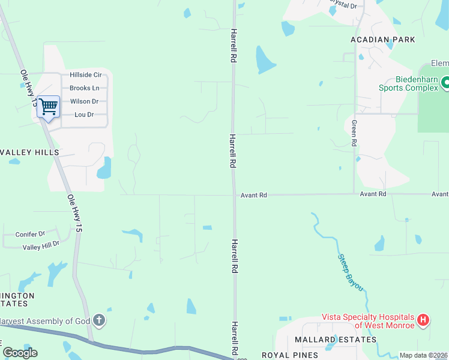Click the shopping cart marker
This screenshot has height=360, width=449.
click(48, 107)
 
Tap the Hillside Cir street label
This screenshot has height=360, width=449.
click(85, 75)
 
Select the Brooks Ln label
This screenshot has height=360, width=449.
click(84, 88)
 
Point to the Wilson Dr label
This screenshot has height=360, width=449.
click(84, 101)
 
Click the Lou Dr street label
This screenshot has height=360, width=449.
click(83, 115)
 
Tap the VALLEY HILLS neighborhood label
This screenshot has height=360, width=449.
click(29, 152)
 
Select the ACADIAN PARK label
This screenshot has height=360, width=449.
click(382, 40)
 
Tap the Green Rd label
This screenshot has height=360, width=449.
click(354, 133)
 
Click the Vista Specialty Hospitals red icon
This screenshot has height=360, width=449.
click(423, 320)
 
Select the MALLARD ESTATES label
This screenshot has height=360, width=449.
click(336, 340)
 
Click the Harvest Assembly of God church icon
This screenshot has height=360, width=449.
click(100, 321)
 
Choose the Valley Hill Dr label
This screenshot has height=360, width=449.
click(41, 245)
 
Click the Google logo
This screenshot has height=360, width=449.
click(20, 353)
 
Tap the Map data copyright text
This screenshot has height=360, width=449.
click(423, 355)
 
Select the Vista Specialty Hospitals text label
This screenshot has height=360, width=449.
click(368, 321)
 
